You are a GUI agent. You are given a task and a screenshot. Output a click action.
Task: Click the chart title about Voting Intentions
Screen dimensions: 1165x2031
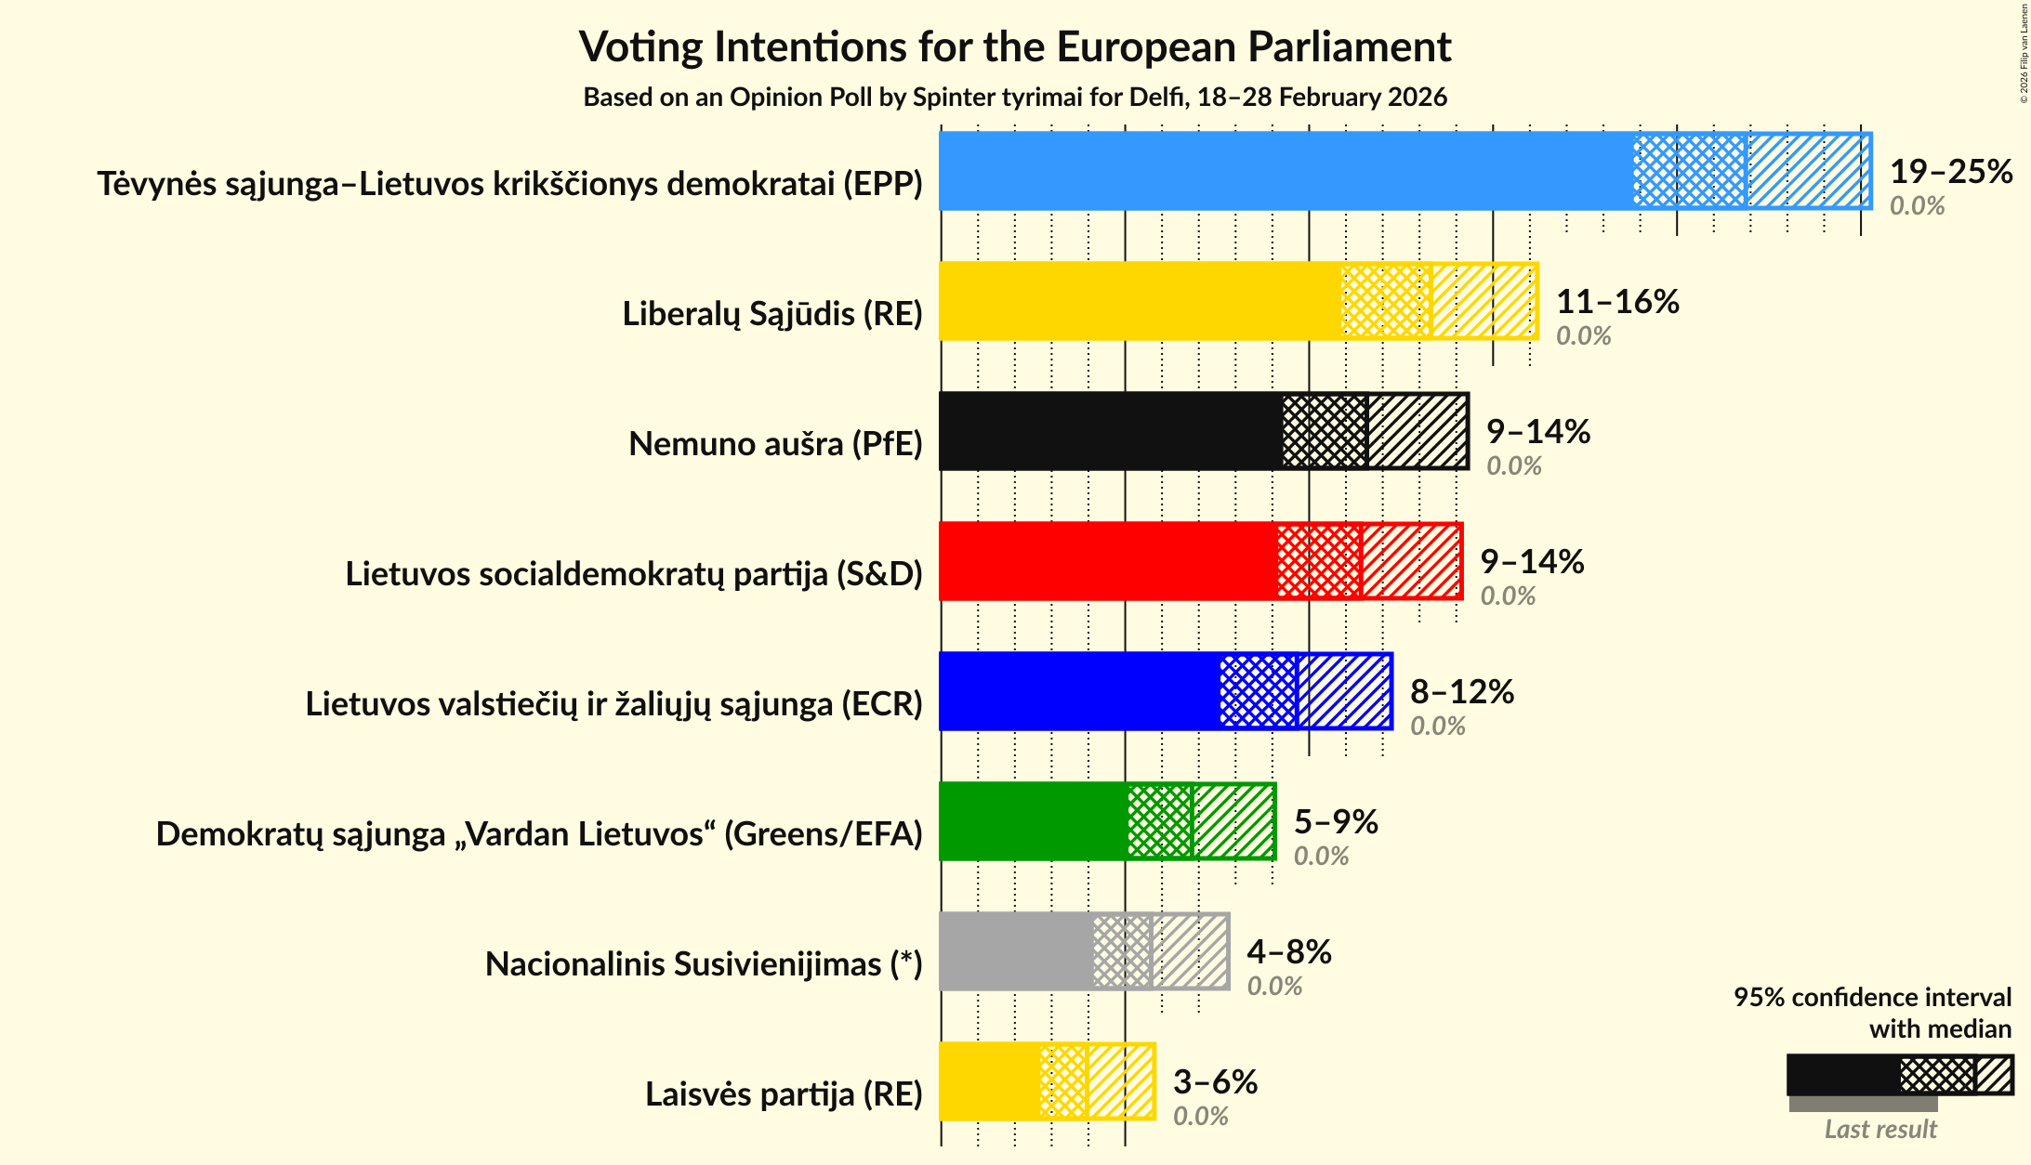pos(1015,46)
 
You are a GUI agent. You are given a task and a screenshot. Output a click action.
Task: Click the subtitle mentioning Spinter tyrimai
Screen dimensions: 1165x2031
pos(1015,98)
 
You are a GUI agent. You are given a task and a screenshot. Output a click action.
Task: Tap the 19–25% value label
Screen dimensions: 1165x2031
pos(1950,172)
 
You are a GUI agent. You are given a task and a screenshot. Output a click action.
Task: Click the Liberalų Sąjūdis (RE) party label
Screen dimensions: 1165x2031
pos(772,314)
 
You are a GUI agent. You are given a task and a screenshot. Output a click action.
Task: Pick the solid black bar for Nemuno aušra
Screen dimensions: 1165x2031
pos(1111,431)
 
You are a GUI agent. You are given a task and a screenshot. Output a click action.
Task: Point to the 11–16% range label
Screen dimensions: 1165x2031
pos(1616,302)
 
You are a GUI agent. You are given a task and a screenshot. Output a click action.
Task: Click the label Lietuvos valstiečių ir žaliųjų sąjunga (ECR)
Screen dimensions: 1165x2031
pos(613,704)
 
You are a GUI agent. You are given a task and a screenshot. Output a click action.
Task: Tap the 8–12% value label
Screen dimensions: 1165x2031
pos(1461,692)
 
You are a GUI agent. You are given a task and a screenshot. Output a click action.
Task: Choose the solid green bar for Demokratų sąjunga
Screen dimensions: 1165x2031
pos(1033,821)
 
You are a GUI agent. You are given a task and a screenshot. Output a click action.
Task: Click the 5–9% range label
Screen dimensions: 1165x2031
pos(1335,822)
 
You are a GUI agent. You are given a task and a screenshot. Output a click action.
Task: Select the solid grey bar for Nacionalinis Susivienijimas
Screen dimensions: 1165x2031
pos(1016,951)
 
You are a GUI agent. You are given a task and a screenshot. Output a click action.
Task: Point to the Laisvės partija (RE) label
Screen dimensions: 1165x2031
pos(784,1094)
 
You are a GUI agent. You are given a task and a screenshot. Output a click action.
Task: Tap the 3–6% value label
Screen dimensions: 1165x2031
pos(1214,1082)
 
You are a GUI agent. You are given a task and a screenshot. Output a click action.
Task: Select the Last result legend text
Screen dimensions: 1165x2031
pos(1879,1130)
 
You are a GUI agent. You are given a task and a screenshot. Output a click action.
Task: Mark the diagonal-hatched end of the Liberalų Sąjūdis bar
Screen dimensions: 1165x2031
pos(1484,301)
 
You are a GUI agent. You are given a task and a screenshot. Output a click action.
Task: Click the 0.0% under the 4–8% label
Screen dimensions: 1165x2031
pos(1273,987)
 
